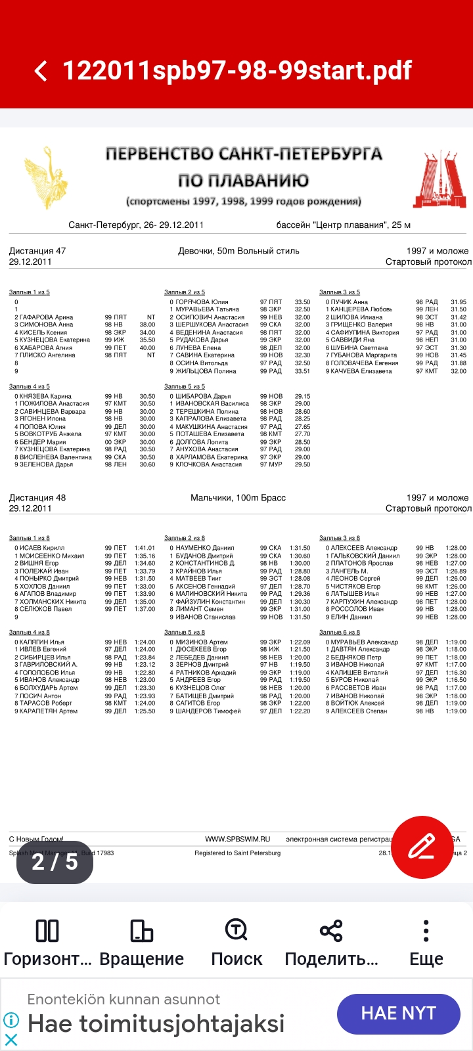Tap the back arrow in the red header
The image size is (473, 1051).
41,71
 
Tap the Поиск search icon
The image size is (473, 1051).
236,931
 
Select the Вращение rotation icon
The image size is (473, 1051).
142,931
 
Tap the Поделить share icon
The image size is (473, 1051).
331,931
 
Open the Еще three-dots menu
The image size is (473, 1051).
426,931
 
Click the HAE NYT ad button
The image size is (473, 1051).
398,1013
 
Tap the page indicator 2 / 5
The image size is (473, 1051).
55,861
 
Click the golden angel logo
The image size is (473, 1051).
45,178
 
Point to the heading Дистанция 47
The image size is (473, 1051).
37,251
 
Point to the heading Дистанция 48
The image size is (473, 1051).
37,498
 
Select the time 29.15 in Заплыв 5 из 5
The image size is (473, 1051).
302,396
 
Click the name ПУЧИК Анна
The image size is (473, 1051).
349,302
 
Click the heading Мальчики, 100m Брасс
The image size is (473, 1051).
238,498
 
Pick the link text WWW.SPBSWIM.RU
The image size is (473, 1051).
237,839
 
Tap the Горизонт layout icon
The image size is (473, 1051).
47,931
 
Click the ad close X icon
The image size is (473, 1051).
11,1039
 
